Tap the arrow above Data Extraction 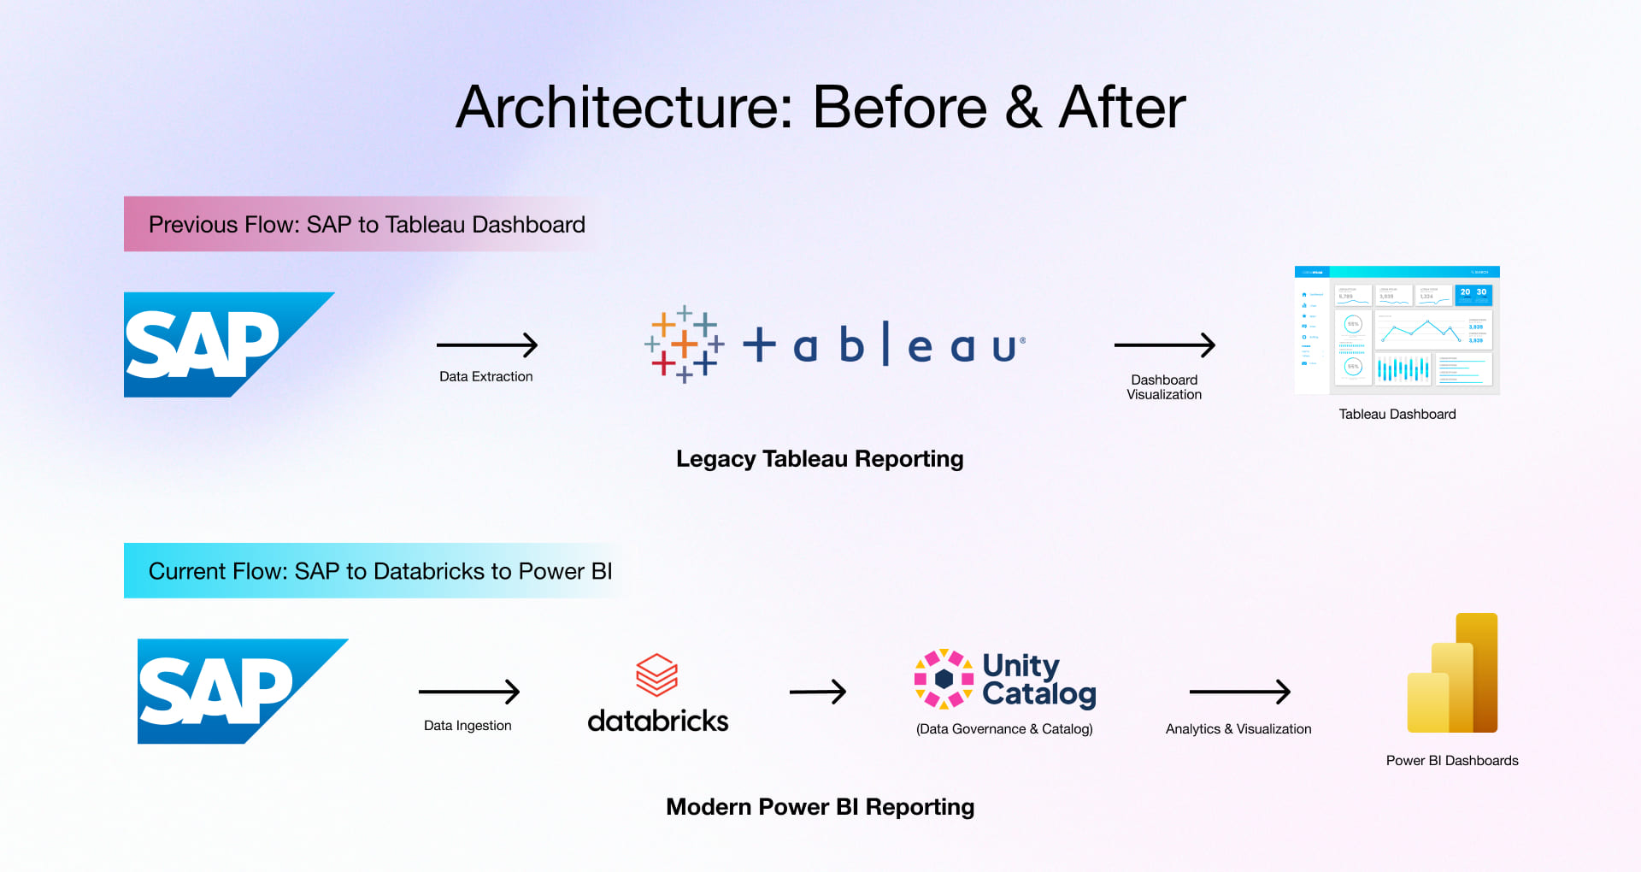click(x=486, y=345)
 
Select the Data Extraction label click(x=485, y=376)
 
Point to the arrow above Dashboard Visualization click(x=1164, y=345)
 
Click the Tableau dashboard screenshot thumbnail click(x=1397, y=330)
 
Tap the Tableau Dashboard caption click(x=1397, y=414)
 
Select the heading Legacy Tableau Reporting click(x=819, y=459)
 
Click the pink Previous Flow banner click(x=366, y=224)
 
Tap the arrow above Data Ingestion click(x=468, y=692)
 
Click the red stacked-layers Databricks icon click(x=656, y=675)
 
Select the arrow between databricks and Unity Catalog click(x=817, y=692)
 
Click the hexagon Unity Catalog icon click(x=944, y=679)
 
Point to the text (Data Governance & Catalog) click(x=1003, y=728)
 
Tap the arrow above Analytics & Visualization click(x=1239, y=692)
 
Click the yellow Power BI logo click(x=1452, y=674)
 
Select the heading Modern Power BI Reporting click(x=819, y=807)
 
